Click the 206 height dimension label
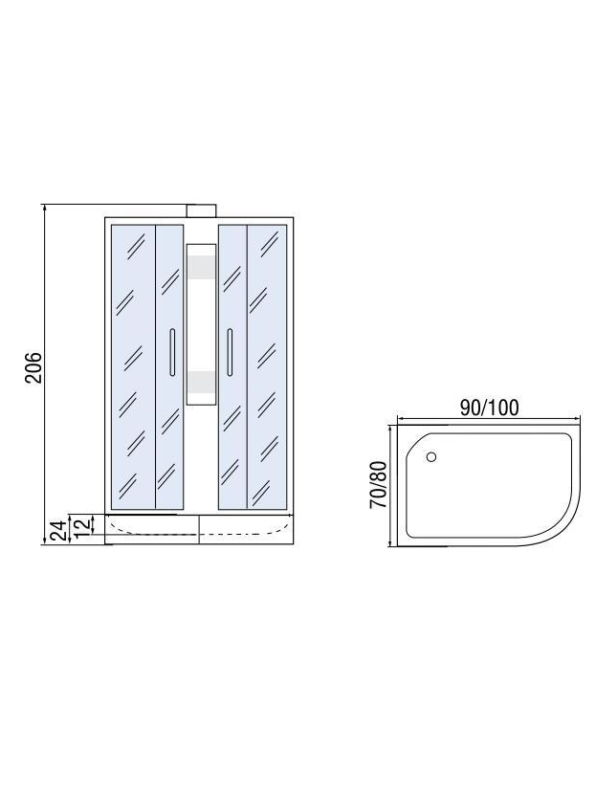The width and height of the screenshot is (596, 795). click(33, 367)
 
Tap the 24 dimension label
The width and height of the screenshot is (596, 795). click(58, 530)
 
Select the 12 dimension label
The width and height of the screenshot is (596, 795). click(84, 523)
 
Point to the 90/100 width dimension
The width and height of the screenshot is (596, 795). click(489, 408)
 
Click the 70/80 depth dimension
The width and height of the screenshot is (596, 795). click(379, 485)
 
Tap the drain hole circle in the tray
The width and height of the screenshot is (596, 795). click(431, 457)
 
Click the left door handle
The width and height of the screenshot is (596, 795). click(172, 352)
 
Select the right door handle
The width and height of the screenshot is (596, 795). click(230, 352)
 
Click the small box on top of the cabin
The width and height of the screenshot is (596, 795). click(202, 210)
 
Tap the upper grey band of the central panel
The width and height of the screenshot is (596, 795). click(202, 267)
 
